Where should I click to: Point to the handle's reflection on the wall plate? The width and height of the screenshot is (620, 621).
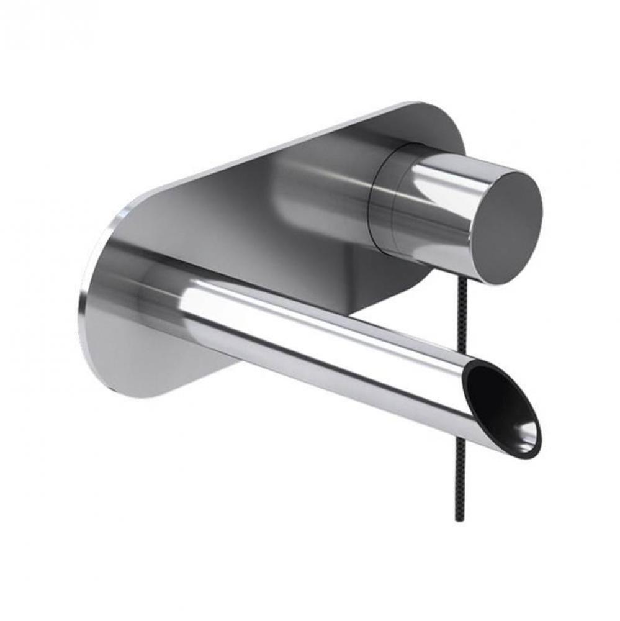310,186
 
